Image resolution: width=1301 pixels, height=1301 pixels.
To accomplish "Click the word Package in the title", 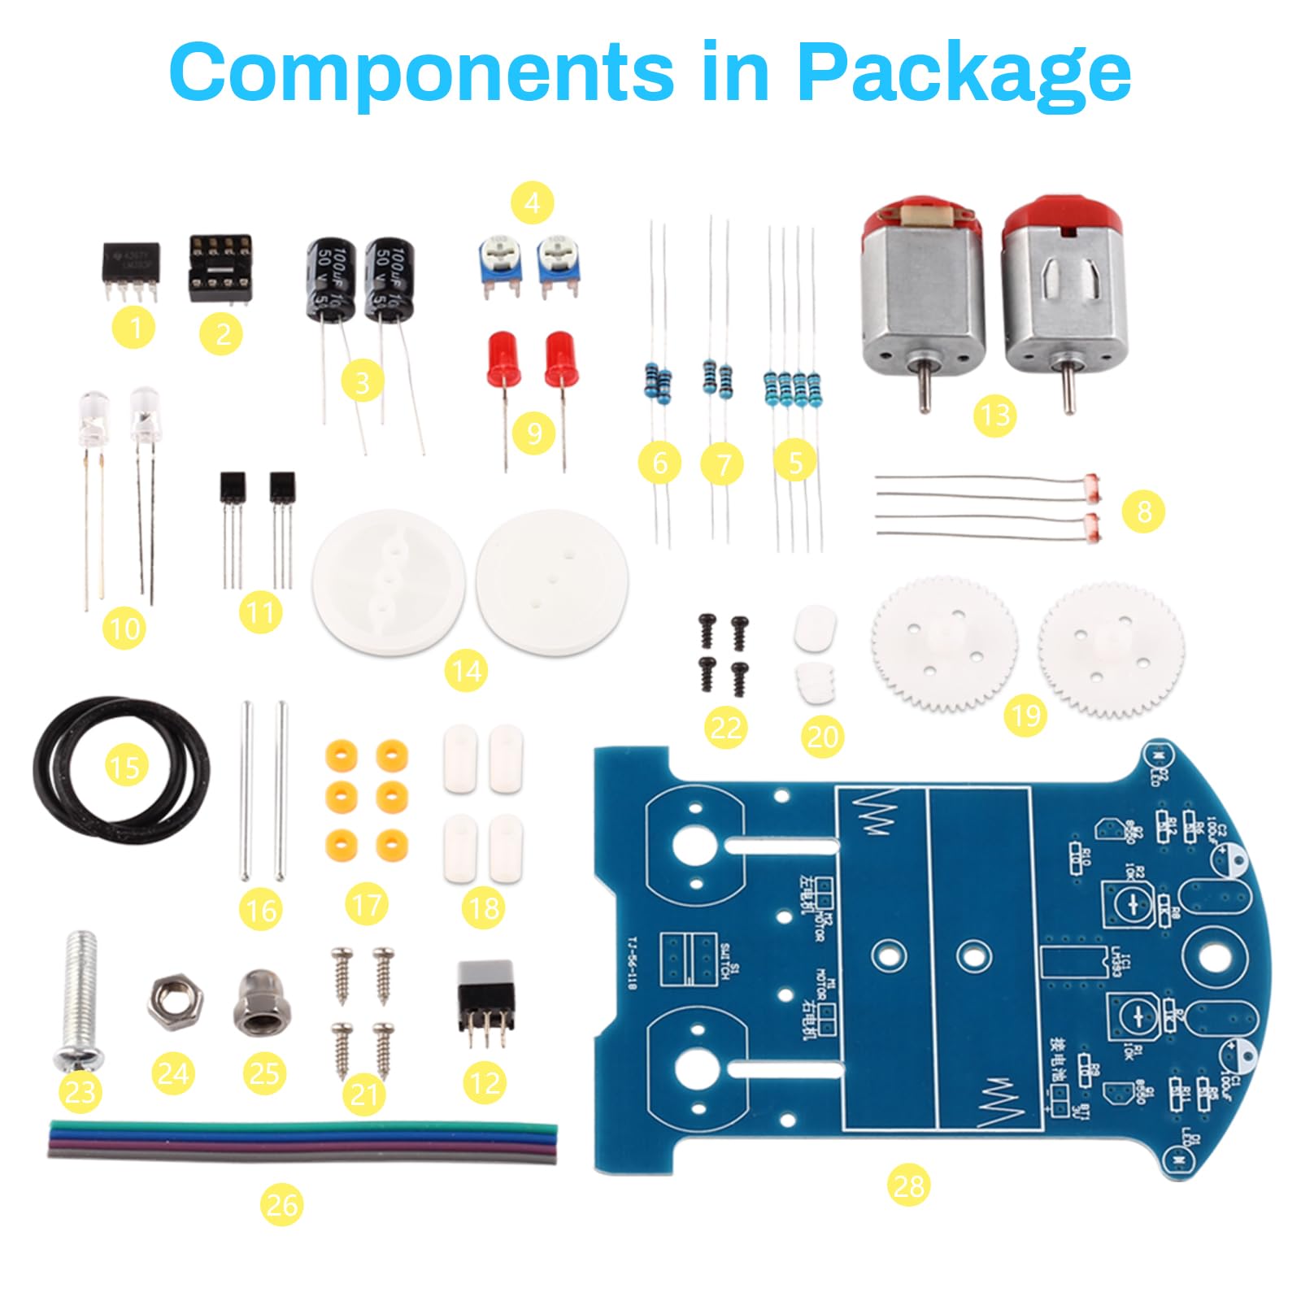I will point(964,73).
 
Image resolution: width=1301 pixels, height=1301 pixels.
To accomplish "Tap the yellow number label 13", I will point(994,416).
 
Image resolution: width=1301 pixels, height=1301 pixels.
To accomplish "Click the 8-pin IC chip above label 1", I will point(131,267).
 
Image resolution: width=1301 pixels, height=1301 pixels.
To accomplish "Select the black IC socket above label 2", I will point(220,266).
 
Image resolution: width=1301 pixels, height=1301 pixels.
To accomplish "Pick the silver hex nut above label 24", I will point(175,1002).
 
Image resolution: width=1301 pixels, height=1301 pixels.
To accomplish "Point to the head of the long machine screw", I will point(79,1057).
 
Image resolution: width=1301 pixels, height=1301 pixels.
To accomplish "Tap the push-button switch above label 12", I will point(486,1002).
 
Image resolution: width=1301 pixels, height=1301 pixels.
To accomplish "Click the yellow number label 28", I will point(908,1186).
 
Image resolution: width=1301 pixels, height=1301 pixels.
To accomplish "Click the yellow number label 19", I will point(1025,716).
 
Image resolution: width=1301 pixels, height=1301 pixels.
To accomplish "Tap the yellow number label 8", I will point(1144,511).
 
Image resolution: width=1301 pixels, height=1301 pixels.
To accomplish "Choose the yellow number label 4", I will point(533,202).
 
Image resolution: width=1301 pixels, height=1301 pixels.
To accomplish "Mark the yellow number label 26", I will point(281,1204).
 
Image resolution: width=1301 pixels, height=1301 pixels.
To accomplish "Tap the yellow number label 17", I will point(367,905).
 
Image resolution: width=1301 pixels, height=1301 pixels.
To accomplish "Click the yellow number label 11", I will point(261,611).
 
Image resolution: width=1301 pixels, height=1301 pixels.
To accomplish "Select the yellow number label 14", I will point(467,671).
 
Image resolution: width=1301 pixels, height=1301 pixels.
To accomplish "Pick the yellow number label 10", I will point(124,629).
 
